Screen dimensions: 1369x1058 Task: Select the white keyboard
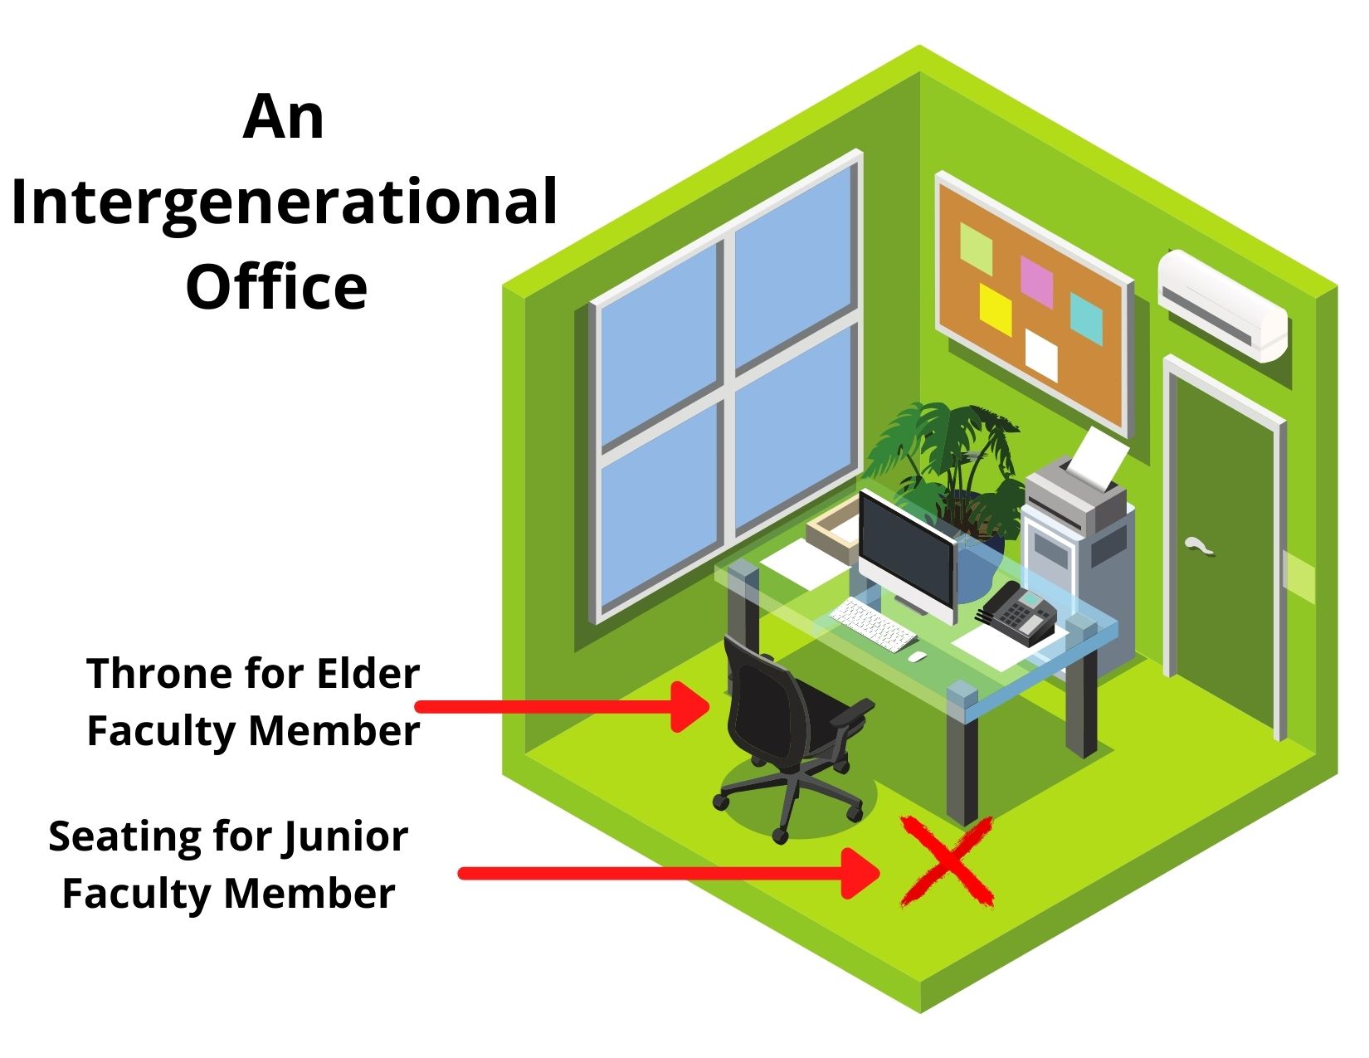tap(871, 624)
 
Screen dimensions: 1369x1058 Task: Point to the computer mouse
tap(917, 656)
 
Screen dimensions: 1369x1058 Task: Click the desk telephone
tap(1016, 613)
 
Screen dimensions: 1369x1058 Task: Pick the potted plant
tap(954, 473)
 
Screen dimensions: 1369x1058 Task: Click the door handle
tap(1199, 545)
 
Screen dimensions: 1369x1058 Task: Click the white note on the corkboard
tap(1041, 353)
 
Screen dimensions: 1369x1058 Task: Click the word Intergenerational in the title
tap(284, 202)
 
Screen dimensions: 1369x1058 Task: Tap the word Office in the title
tap(276, 286)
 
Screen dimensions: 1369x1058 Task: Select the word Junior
tap(344, 836)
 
